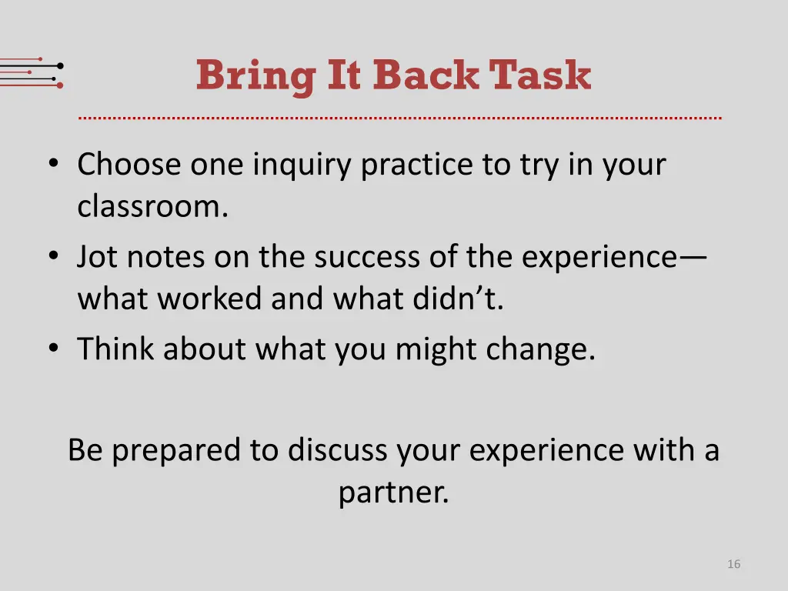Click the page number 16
click(x=733, y=564)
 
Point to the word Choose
click(x=129, y=165)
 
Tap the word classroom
click(x=152, y=207)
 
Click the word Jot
click(x=98, y=257)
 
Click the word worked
click(x=210, y=299)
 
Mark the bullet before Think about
click(x=53, y=349)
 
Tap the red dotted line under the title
click(x=400, y=119)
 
